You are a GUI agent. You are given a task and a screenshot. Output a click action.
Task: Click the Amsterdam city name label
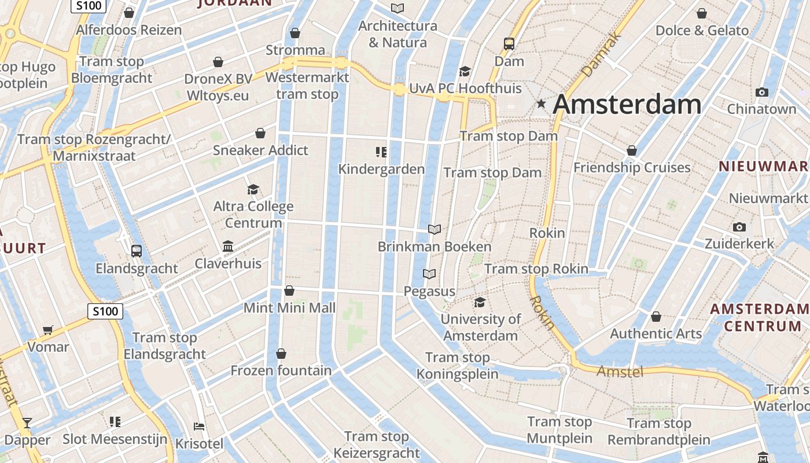pyautogui.click(x=627, y=105)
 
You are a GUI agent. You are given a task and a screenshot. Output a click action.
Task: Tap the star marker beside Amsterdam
pyautogui.click(x=541, y=104)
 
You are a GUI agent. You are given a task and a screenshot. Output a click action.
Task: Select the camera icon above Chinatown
pyautogui.click(x=762, y=92)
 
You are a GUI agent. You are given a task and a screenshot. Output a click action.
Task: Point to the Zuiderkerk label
pyautogui.click(x=739, y=244)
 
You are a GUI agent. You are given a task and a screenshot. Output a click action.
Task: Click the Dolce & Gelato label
pyautogui.click(x=702, y=30)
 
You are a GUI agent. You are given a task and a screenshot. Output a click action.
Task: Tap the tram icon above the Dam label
pyautogui.click(x=509, y=43)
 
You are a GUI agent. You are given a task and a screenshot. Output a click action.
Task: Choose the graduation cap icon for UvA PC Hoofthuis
pyautogui.click(x=465, y=71)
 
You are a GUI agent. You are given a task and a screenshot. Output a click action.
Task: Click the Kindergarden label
pyautogui.click(x=381, y=169)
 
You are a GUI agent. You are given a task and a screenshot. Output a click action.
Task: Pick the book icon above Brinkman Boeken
pyautogui.click(x=435, y=229)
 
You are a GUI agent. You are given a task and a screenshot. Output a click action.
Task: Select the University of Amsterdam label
pyautogui.click(x=480, y=327)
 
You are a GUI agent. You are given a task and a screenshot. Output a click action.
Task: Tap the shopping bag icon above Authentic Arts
pyautogui.click(x=656, y=317)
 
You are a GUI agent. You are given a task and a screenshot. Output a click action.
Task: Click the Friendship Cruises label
pyautogui.click(x=632, y=168)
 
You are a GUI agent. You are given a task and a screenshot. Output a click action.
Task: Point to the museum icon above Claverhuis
pyautogui.click(x=228, y=247)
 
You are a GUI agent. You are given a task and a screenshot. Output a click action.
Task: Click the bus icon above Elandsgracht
pyautogui.click(x=137, y=251)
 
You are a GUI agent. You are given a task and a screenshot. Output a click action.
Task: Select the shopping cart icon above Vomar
pyautogui.click(x=48, y=330)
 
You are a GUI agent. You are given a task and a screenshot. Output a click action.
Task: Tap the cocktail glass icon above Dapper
pyautogui.click(x=27, y=422)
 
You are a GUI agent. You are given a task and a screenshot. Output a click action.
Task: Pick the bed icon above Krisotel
pyautogui.click(x=199, y=427)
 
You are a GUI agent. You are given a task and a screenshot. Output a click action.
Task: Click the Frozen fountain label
pyautogui.click(x=281, y=370)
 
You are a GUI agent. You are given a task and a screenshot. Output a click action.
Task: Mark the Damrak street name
pyautogui.click(x=602, y=55)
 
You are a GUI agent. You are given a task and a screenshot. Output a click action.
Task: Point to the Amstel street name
pyautogui.click(x=620, y=371)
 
